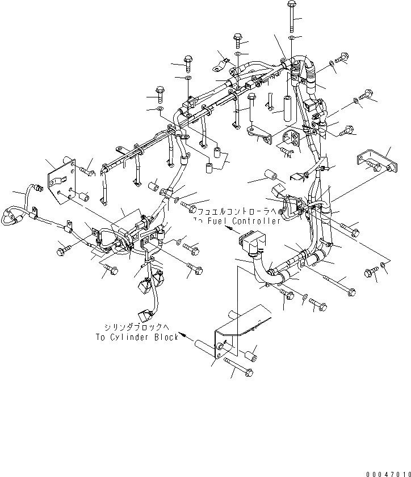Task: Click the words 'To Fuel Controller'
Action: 237,221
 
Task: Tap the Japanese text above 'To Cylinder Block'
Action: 141,327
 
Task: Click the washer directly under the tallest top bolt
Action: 291,38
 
